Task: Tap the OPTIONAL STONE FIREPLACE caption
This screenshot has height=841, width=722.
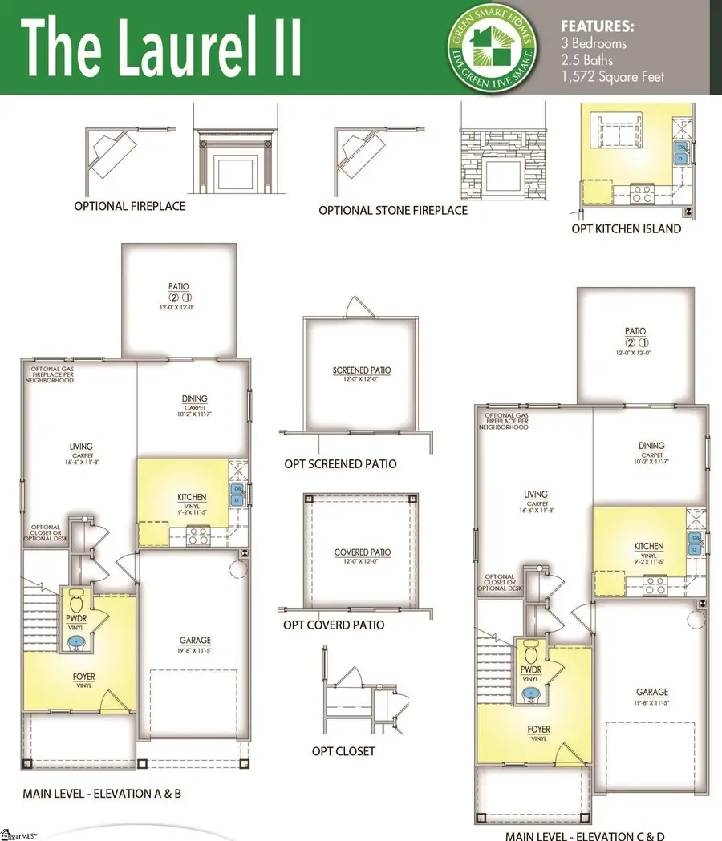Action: click(392, 210)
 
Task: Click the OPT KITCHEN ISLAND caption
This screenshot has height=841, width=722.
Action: click(626, 228)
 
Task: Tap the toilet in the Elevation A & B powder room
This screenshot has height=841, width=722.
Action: click(77, 601)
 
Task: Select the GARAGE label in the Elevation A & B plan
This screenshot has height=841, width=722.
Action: click(195, 640)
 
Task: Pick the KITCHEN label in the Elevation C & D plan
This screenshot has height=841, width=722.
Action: click(648, 546)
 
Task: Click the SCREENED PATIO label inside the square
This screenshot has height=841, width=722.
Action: click(362, 370)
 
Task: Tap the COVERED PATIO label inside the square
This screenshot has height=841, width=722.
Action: click(362, 552)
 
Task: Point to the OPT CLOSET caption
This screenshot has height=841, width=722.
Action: click(343, 751)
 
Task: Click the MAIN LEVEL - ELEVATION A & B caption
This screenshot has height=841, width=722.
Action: click(102, 794)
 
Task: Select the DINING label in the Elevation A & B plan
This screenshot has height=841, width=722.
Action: click(194, 398)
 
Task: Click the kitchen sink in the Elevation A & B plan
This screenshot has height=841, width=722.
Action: click(237, 495)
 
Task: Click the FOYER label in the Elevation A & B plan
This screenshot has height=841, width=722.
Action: click(78, 677)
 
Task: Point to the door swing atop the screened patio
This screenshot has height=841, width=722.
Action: click(354, 306)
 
